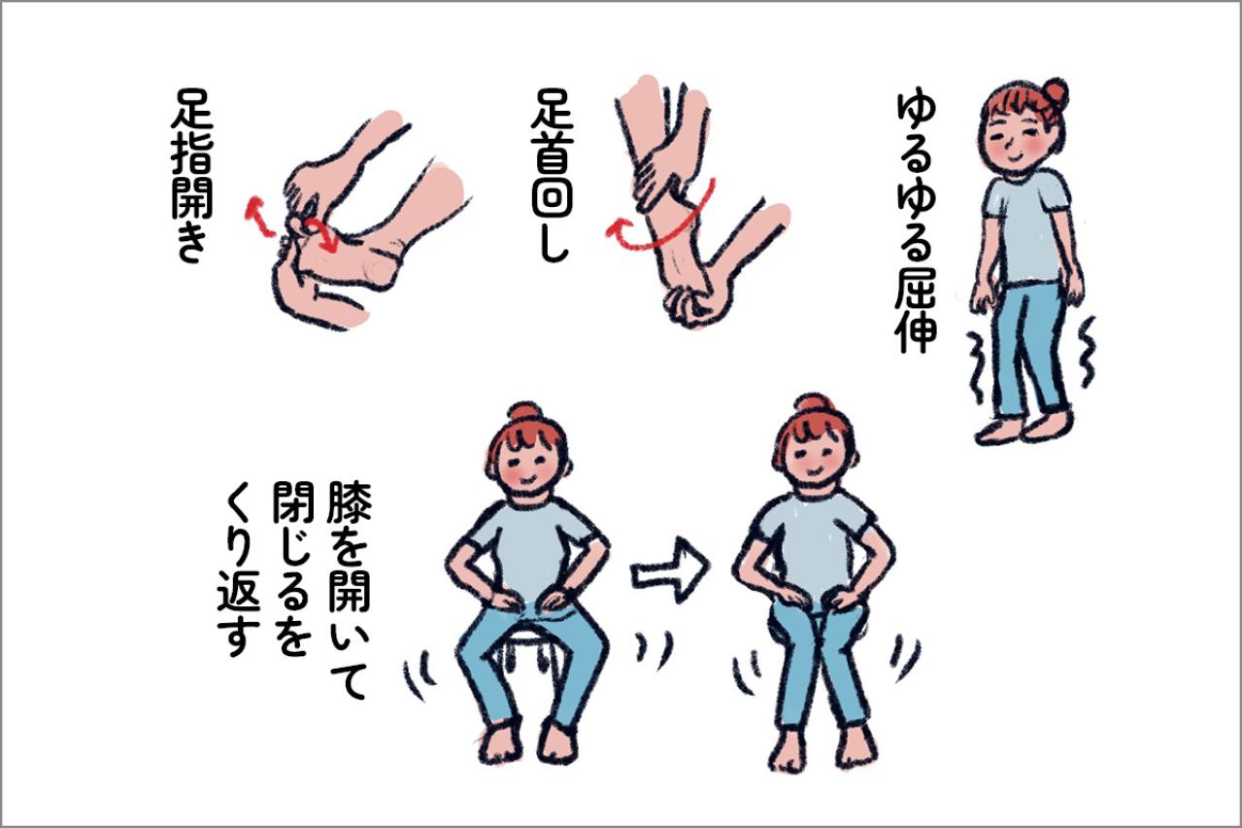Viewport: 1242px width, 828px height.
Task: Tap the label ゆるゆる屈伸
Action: [x=915, y=221]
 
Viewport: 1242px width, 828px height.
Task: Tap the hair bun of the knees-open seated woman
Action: [x=525, y=412]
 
